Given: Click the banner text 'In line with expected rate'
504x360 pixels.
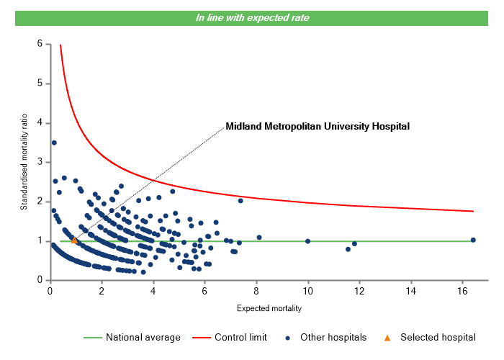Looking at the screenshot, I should [252, 17].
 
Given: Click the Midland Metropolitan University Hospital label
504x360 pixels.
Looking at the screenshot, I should [318, 126].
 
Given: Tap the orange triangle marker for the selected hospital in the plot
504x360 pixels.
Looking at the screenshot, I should [74, 240].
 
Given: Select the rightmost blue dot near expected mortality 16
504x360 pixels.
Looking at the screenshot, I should [473, 240].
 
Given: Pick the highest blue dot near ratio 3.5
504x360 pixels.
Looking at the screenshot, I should [54, 143].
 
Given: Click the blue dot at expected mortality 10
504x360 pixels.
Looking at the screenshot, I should [307, 241].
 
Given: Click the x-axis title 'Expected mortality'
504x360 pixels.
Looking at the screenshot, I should [269, 309].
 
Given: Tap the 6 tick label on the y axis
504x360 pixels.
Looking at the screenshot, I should [40, 44].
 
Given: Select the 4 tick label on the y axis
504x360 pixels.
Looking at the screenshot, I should [40, 123].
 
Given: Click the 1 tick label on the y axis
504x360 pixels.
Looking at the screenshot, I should [40, 241].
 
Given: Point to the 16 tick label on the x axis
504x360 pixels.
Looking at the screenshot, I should [462, 291].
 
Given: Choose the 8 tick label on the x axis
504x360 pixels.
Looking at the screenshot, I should [256, 291].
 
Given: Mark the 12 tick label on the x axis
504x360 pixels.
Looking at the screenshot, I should [359, 291].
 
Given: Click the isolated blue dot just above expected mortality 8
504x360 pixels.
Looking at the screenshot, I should [259, 238].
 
